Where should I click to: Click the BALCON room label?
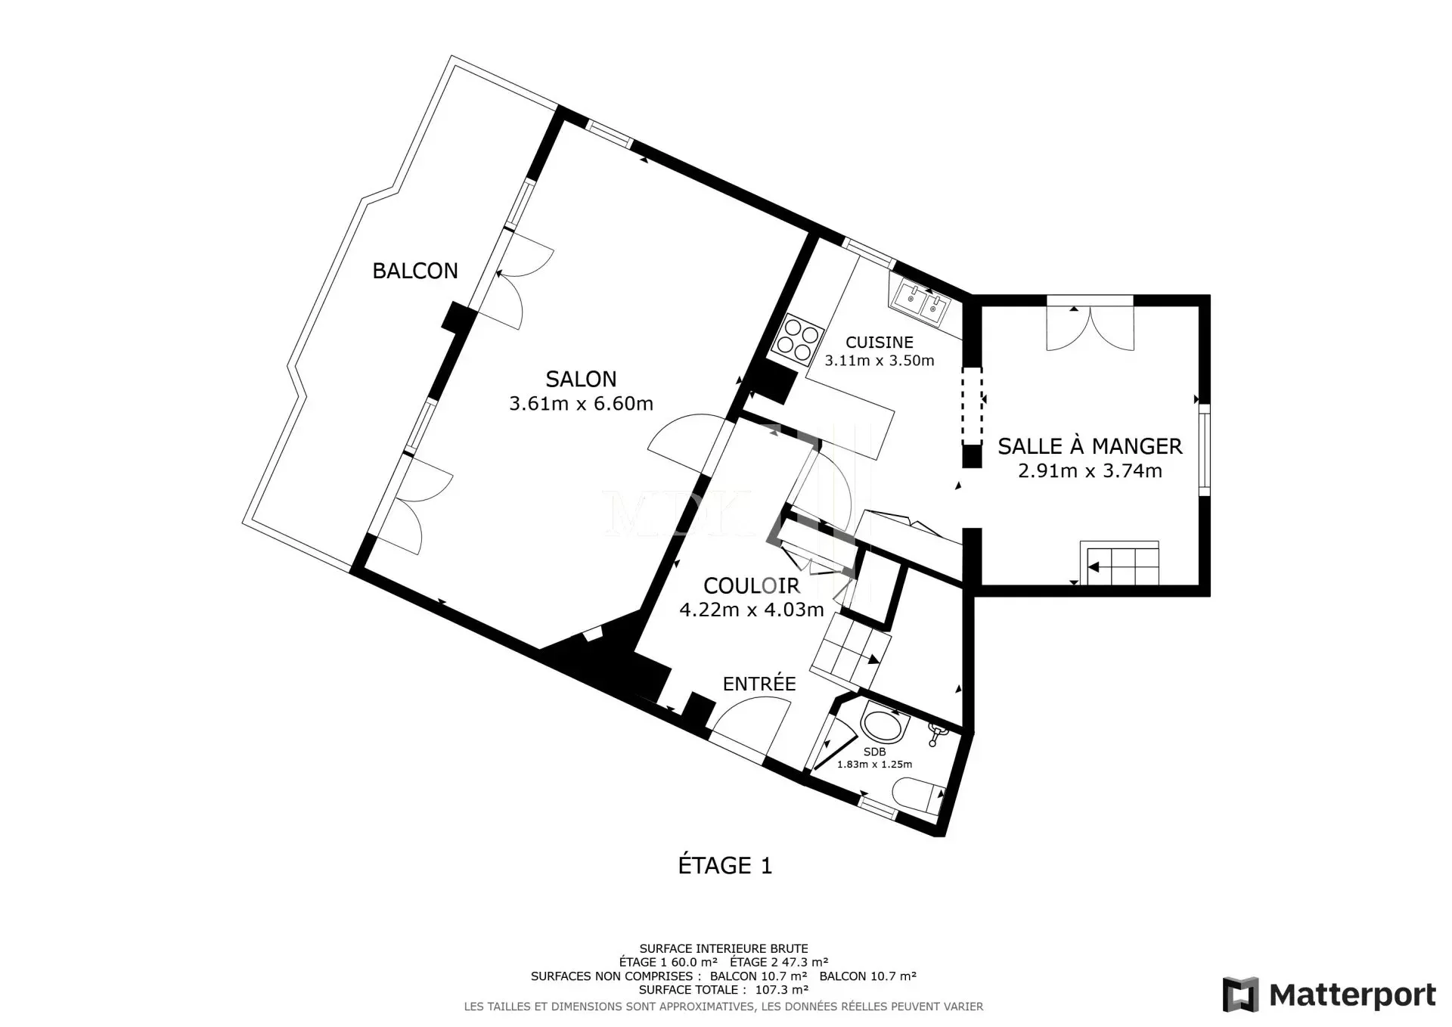click(x=415, y=271)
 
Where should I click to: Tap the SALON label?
click(x=581, y=379)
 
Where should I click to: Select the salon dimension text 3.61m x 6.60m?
click(x=581, y=404)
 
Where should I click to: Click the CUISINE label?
click(x=879, y=343)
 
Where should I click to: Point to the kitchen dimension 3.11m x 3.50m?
click(x=879, y=361)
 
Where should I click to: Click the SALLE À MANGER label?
click(x=1090, y=446)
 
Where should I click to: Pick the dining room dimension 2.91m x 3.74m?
click(x=1090, y=471)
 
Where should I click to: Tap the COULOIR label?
click(x=751, y=585)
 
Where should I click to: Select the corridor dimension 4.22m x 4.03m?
click(x=751, y=610)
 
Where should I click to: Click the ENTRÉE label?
click(x=759, y=684)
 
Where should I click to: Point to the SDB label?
click(x=874, y=752)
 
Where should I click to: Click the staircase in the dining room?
click(x=1120, y=563)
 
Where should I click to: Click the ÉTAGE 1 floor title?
click(x=725, y=866)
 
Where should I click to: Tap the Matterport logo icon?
click(x=1240, y=994)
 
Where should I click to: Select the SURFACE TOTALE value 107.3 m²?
click(x=782, y=989)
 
